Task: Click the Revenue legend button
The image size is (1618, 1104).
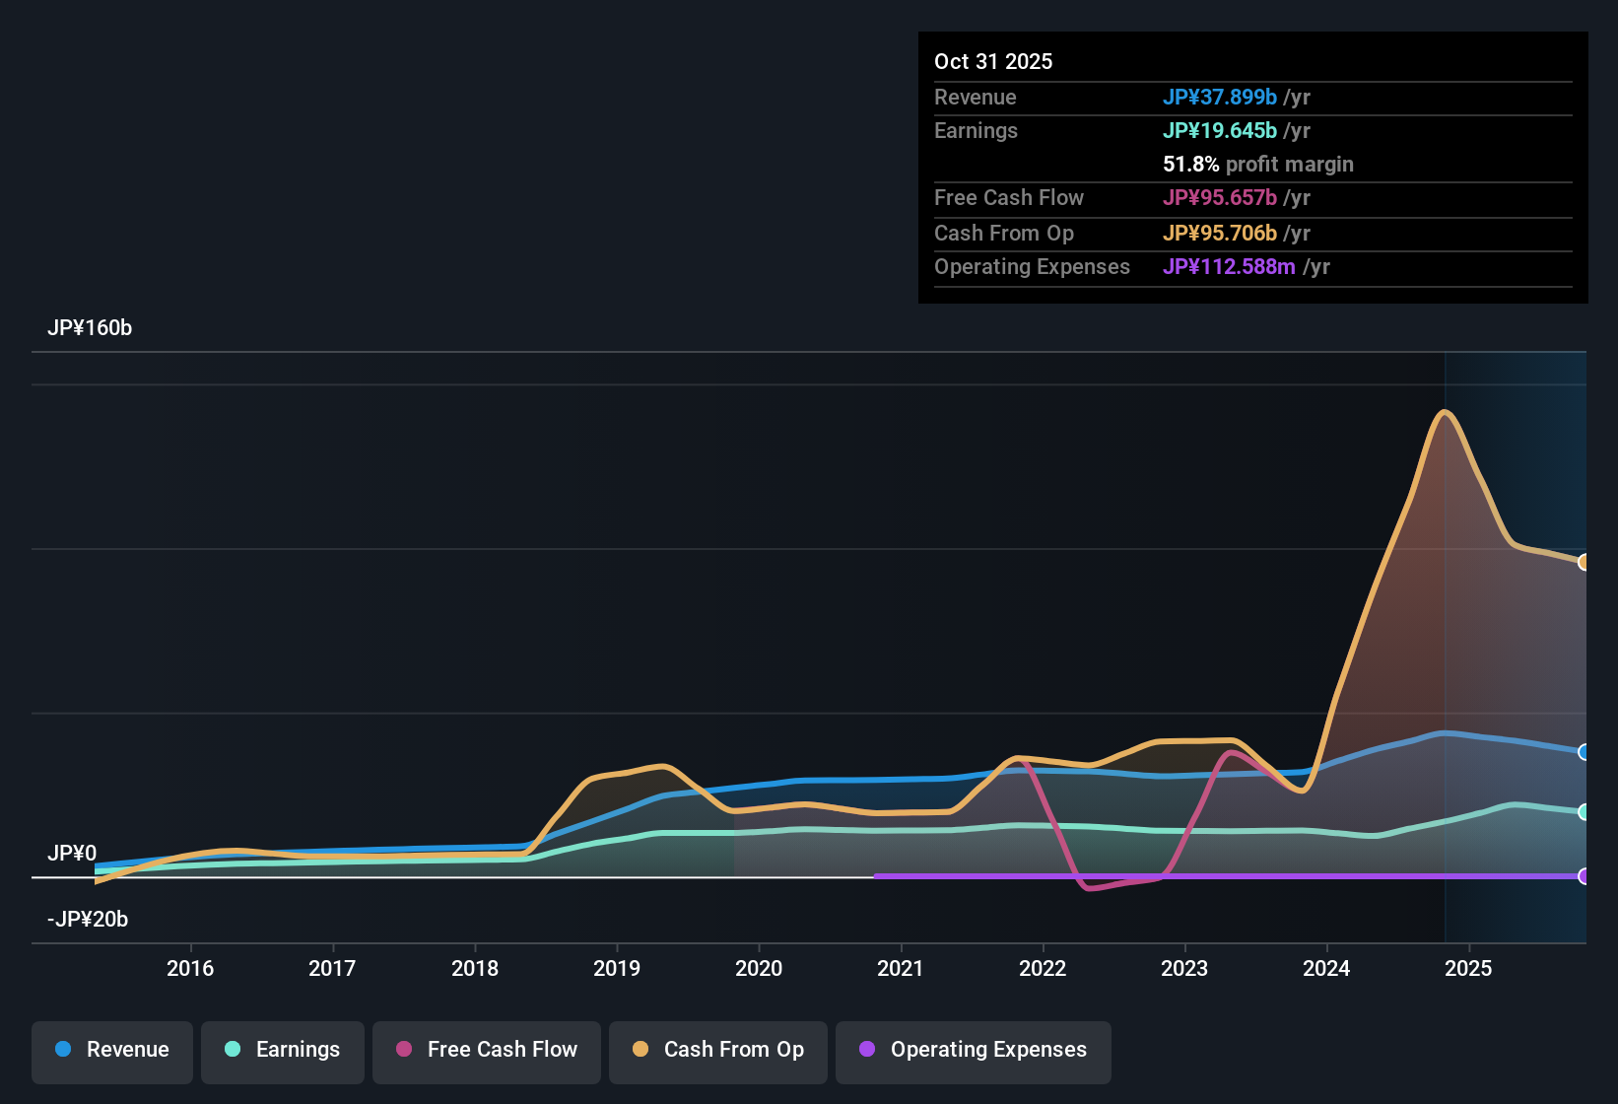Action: (112, 1050)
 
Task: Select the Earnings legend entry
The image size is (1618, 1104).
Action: (283, 1050)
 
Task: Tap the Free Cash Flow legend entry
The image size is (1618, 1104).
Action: (487, 1050)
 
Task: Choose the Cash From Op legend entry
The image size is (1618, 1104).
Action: (718, 1050)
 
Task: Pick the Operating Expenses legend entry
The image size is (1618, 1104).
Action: (974, 1050)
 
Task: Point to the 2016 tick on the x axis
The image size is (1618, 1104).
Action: (190, 968)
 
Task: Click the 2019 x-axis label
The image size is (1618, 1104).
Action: (617, 968)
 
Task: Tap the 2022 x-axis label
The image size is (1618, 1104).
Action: (1043, 968)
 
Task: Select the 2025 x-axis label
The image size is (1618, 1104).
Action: (1468, 968)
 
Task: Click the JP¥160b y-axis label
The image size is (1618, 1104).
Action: (90, 328)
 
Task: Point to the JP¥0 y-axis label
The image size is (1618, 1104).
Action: (72, 854)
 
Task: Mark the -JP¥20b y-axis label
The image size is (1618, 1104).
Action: (88, 920)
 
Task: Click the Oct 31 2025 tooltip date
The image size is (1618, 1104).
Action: (993, 61)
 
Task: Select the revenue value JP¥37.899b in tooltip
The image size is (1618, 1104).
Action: (1220, 97)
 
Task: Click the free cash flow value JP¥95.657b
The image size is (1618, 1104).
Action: (1220, 197)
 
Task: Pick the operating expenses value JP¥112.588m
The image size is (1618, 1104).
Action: (1229, 267)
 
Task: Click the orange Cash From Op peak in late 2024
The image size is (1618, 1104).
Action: (1445, 412)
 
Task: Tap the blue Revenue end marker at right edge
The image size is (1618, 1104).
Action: (1584, 752)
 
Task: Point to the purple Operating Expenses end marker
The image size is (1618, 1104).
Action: (1584, 876)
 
